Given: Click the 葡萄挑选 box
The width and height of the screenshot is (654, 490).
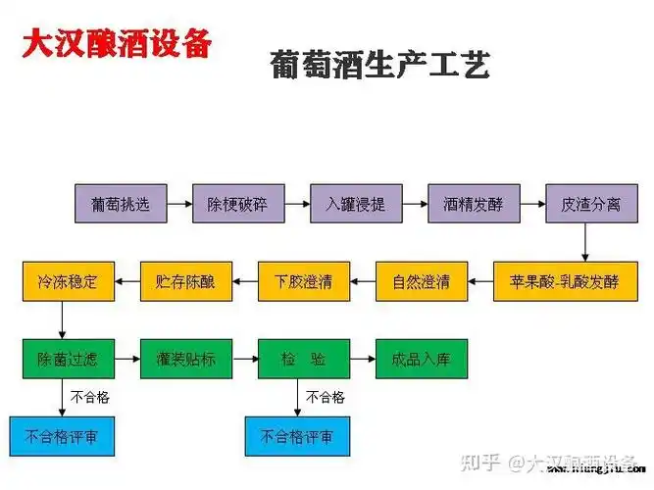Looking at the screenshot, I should pyautogui.click(x=118, y=205).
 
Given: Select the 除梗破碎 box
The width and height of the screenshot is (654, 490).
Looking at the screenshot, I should pyautogui.click(x=236, y=205).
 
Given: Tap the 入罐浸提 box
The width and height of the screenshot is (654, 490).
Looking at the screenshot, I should pyautogui.click(x=355, y=205).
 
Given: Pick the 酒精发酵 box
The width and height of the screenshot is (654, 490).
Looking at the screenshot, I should pyautogui.click(x=472, y=205).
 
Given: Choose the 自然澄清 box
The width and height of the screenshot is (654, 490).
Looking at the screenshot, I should pyautogui.click(x=421, y=282).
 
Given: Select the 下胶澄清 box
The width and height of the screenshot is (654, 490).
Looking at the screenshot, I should pyautogui.click(x=303, y=282).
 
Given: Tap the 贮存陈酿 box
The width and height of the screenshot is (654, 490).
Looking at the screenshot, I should pyautogui.click(x=185, y=282).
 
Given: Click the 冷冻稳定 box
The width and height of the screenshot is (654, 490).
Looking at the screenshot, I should pyautogui.click(x=68, y=282).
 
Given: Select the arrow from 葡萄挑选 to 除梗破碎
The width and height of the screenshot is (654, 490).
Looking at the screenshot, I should pyautogui.click(x=177, y=205).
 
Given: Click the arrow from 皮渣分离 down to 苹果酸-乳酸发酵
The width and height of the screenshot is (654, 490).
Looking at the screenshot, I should pyautogui.click(x=585, y=243).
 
